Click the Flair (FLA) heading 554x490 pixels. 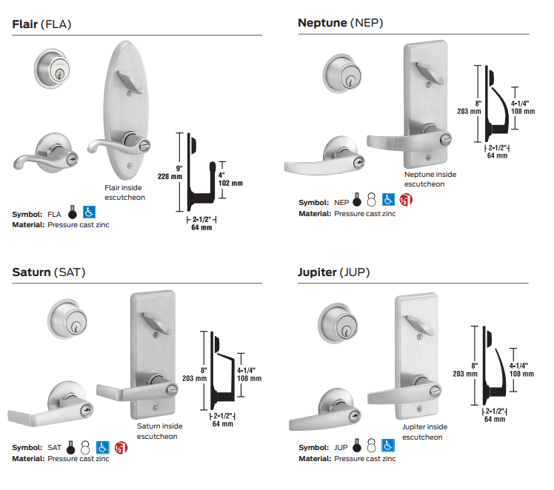point(42,24)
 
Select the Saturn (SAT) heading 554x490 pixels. point(49,272)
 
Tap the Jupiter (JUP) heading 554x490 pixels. point(333,272)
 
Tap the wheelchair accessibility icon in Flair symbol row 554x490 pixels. point(88,213)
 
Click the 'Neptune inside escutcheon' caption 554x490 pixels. point(430,179)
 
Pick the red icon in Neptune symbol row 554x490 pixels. point(404,201)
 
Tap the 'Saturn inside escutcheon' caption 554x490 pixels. point(159,431)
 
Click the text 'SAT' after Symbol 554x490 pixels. point(55,448)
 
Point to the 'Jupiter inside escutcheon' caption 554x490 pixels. point(424,432)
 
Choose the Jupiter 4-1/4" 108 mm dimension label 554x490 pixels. point(522,369)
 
